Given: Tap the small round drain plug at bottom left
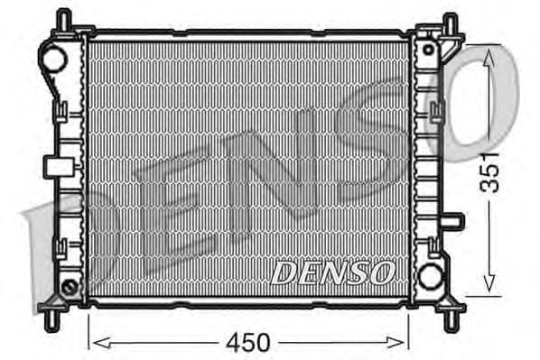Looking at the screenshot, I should click(x=69, y=288).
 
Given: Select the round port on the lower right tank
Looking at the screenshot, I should click(x=430, y=274).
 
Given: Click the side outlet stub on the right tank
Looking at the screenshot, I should click(x=454, y=220).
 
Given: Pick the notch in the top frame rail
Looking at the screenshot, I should click(x=180, y=34).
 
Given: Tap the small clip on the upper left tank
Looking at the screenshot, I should click(x=61, y=112).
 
